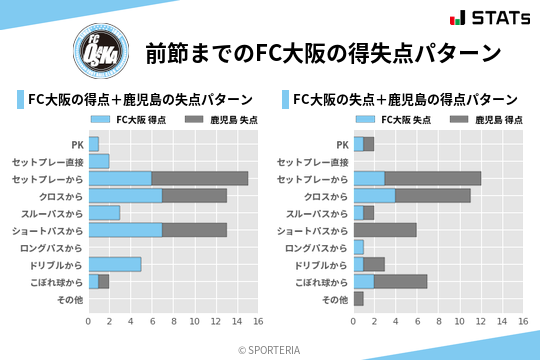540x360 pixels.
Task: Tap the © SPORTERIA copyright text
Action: pyautogui.click(x=270, y=350)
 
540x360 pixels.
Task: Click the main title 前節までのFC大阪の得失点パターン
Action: pyautogui.click(x=322, y=52)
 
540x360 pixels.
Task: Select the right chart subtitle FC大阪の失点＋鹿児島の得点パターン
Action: pyautogui.click(x=405, y=100)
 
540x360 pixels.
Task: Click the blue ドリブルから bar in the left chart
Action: pyautogui.click(x=115, y=264)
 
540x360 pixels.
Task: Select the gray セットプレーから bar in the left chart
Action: pyautogui.click(x=200, y=178)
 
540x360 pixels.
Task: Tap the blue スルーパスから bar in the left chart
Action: pyautogui.click(x=104, y=212)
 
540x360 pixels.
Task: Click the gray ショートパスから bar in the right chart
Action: pyautogui.click(x=385, y=230)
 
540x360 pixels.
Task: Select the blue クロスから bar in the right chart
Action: pyautogui.click(x=374, y=195)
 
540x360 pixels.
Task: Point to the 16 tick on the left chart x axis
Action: pyautogui.click(x=258, y=322)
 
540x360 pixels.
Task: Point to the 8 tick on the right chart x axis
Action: pyautogui.click(x=438, y=322)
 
